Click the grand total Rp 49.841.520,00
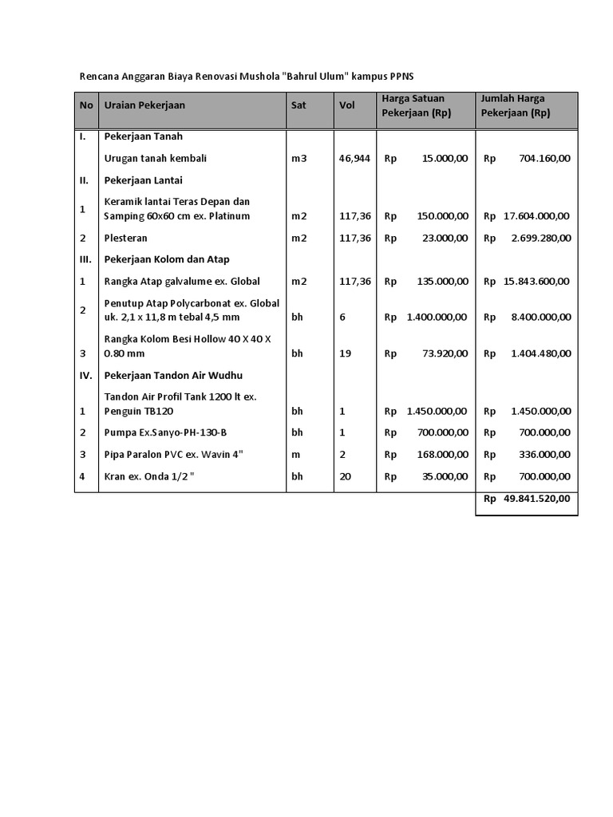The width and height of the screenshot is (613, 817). (x=527, y=499)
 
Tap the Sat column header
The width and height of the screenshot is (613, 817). (x=299, y=105)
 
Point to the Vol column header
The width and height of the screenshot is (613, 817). (x=347, y=105)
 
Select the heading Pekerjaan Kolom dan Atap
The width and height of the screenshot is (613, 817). (x=167, y=259)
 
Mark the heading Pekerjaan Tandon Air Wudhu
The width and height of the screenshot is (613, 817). (x=173, y=375)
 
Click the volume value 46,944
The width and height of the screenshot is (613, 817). (x=354, y=159)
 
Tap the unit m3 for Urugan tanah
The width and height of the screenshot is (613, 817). (x=299, y=159)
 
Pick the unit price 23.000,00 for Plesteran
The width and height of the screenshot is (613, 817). (x=441, y=239)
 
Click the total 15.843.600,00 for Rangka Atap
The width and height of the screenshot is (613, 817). (x=536, y=282)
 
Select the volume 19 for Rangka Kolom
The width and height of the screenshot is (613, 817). (x=345, y=353)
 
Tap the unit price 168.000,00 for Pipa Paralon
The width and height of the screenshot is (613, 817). (x=438, y=455)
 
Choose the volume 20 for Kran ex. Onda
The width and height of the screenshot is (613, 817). (x=345, y=476)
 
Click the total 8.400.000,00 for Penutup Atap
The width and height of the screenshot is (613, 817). (x=540, y=318)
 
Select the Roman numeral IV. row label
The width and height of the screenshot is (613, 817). (x=86, y=375)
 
